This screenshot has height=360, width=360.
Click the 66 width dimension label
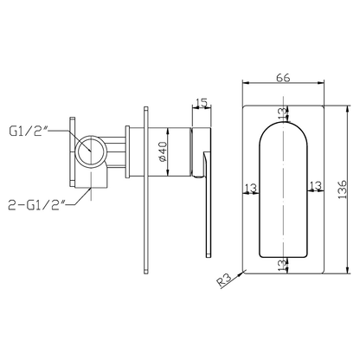pos(283,77)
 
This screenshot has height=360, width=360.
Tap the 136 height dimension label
pos(342,190)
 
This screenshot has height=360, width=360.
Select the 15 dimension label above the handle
pos(202,102)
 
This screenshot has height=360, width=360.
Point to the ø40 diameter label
pos(163,151)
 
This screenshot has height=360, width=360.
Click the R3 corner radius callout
pos(224,280)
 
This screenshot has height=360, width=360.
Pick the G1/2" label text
pos(29,132)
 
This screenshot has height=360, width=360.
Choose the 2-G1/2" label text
pos(36,205)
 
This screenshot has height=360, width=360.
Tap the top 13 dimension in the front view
pos(283,112)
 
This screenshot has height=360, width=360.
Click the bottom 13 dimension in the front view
pos(283,264)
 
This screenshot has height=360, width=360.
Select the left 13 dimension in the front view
pos(251,188)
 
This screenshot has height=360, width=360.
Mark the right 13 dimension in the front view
pos(315,185)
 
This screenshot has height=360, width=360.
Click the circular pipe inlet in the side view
pos(92,151)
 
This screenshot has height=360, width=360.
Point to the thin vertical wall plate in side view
pos(146,190)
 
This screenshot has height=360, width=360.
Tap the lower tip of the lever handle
pos(209,255)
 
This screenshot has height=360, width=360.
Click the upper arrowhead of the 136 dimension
pos(348,109)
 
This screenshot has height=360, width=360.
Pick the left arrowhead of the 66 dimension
pos(246,83)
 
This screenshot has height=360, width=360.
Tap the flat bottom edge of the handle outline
pos(283,257)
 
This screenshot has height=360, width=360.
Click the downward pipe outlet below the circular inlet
pos(91,178)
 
